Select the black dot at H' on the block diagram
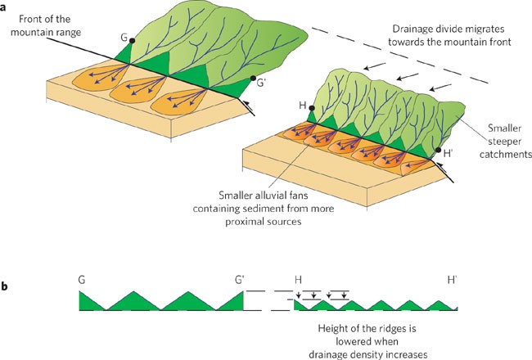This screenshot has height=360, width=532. click(438, 150)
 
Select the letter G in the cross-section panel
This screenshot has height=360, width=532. click(83, 279)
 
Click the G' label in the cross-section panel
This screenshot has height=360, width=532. click(239, 279)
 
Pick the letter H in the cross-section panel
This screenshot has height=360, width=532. click(296, 279)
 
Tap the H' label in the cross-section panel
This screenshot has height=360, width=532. click(452, 279)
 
